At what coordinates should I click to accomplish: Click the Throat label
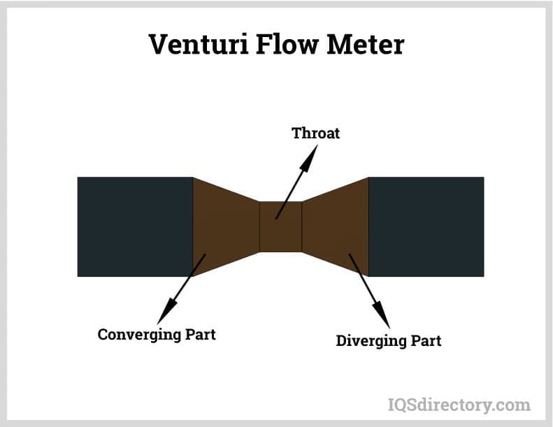click(315, 133)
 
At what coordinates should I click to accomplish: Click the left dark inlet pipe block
click(135, 226)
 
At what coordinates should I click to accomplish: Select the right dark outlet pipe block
click(426, 226)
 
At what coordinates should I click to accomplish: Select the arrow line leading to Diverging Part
click(364, 280)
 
